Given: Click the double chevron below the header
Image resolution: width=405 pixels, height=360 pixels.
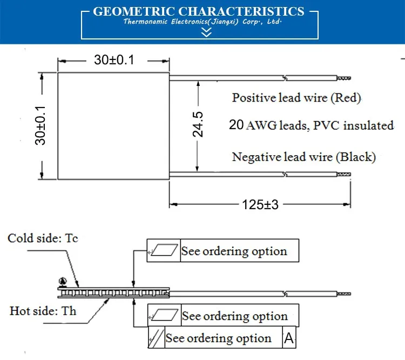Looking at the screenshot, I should pyautogui.click(x=206, y=32).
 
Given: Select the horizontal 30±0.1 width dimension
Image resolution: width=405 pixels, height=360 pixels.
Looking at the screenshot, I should pyautogui.click(x=114, y=61).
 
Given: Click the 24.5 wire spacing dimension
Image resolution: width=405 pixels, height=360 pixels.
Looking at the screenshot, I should pyautogui.click(x=198, y=125).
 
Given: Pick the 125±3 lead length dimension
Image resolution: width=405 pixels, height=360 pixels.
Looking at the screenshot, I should pyautogui.click(x=260, y=204).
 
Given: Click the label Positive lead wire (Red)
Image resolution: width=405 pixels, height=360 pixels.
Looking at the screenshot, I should pyautogui.click(x=296, y=98).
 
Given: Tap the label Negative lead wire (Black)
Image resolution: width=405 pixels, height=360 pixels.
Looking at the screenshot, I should pyautogui.click(x=304, y=157).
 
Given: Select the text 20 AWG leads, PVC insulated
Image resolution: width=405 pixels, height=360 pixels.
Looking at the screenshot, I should pyautogui.click(x=312, y=125).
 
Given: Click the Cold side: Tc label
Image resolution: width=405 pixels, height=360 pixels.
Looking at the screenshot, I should pyautogui.click(x=43, y=238).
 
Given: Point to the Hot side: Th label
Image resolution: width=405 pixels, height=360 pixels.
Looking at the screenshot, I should pyautogui.click(x=43, y=311).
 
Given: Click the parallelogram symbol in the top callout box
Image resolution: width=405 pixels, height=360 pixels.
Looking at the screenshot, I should pyautogui.click(x=164, y=251).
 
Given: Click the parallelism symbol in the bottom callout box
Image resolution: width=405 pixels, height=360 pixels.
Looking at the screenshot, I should pyautogui.click(x=156, y=339).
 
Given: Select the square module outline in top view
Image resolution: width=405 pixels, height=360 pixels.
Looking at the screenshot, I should pyautogui.click(x=113, y=126).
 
